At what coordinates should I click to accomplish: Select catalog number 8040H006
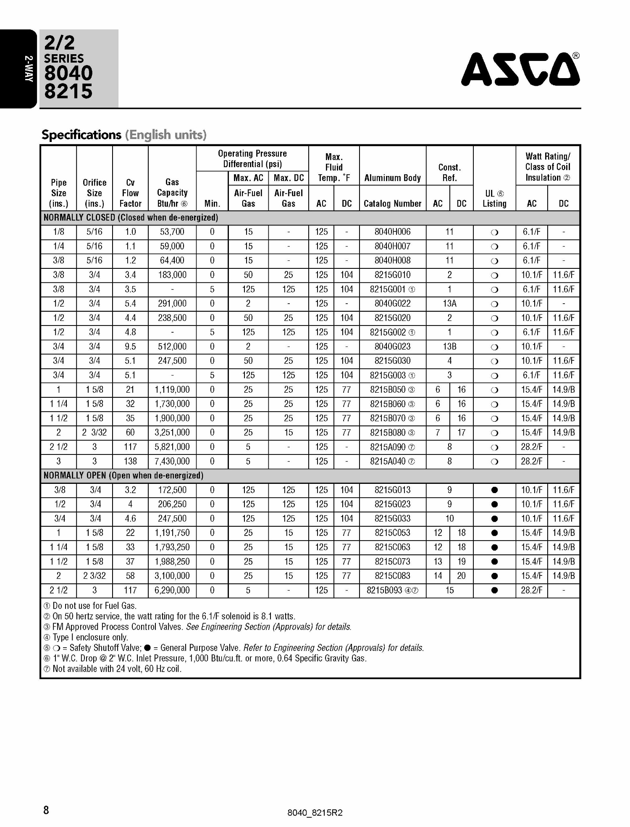coord(392,232)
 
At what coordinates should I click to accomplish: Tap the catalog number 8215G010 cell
coord(392,275)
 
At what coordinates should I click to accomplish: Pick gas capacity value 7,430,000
coord(172,461)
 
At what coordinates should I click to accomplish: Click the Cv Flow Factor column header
coord(130,193)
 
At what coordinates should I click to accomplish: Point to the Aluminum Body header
coord(392,178)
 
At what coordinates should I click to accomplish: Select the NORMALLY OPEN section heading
coord(123,475)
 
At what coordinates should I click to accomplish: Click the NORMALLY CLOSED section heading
coord(131,218)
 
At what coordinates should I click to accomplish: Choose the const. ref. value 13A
coord(449,304)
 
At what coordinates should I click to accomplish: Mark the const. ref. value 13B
coord(449,347)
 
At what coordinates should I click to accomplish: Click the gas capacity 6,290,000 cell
coord(172,590)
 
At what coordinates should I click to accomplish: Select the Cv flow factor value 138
coord(130,461)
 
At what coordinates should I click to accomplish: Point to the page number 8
coord(46,810)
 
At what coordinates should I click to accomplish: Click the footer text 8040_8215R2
coord(315,813)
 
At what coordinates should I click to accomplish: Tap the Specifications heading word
coord(81,135)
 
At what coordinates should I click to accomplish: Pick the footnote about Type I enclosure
coord(86,637)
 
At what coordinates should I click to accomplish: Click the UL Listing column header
coord(494,199)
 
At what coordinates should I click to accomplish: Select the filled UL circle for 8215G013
coord(494,490)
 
